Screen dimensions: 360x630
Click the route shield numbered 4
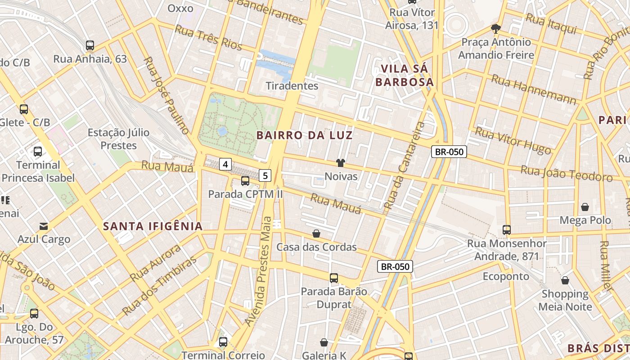tap(225, 164)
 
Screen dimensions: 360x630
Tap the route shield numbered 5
tap(265, 175)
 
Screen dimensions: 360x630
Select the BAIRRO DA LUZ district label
tap(304, 135)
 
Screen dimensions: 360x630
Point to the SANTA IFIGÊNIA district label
tap(153, 226)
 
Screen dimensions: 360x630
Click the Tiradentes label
tap(292, 85)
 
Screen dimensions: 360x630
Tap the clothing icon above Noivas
tap(341, 163)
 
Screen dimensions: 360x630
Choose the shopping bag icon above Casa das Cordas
tap(316, 234)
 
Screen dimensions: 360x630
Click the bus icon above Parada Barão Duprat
tap(334, 278)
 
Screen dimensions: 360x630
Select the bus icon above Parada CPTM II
tap(245, 181)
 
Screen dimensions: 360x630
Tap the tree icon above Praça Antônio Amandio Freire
tap(496, 29)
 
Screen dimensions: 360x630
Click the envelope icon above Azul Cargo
tap(44, 226)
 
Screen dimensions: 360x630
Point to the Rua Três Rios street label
tap(208, 37)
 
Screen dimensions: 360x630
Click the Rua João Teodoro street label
tap(567, 173)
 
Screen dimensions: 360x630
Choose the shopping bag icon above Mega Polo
tap(585, 207)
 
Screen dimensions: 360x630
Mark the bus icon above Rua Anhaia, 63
tap(90, 45)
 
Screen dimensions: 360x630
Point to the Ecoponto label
tap(506, 276)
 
